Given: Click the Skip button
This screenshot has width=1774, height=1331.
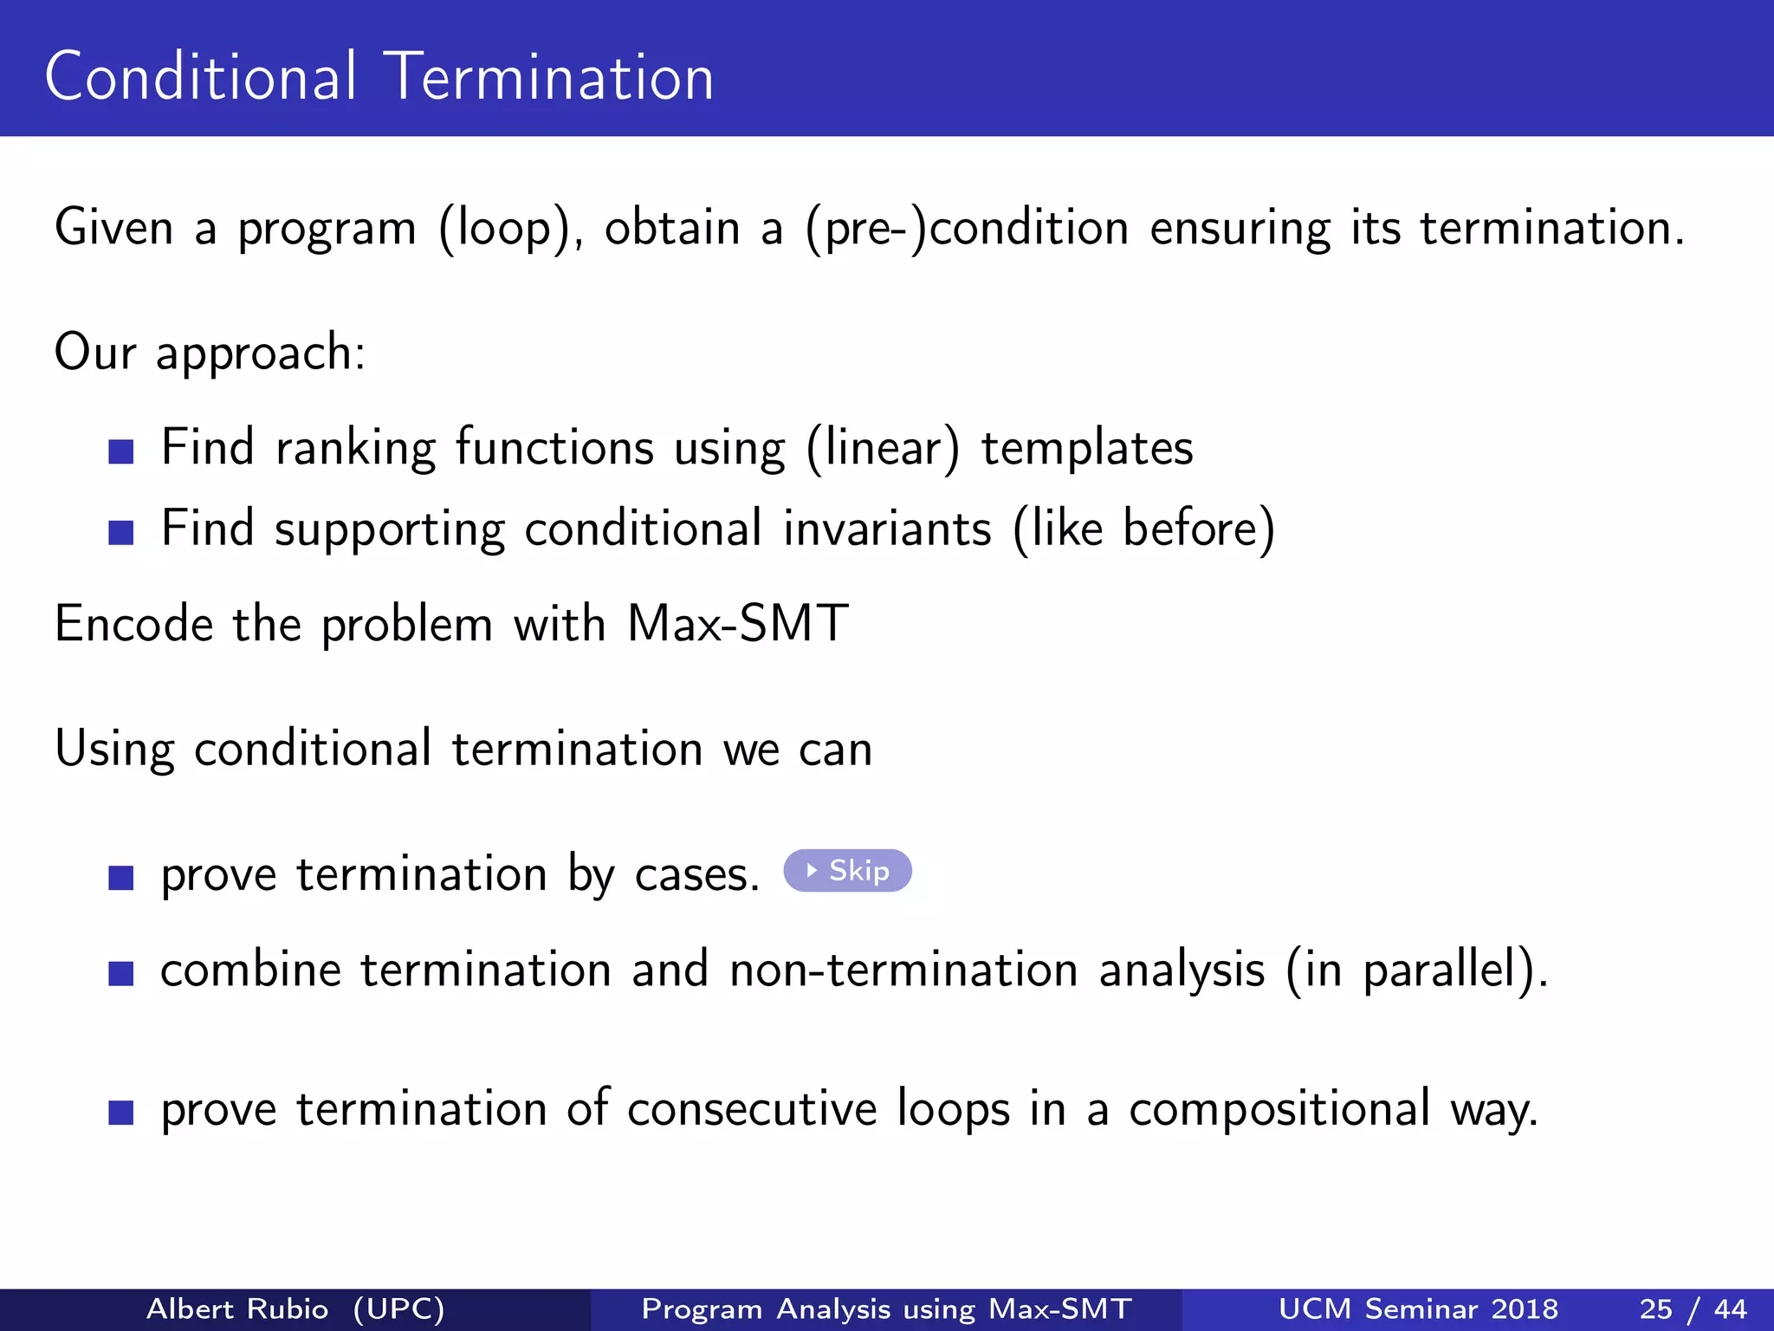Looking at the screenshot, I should click(847, 871).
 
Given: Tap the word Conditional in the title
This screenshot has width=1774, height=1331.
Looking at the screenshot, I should click(200, 78).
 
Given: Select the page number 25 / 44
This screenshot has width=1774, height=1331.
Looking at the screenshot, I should click(1693, 1308).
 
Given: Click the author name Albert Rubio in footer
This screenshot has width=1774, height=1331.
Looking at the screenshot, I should click(237, 1308).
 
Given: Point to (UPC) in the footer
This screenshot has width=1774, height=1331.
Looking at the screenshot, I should click(398, 1308).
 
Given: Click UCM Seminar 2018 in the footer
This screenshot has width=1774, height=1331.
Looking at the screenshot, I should click(1418, 1308).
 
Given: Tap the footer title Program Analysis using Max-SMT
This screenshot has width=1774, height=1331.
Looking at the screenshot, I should click(886, 1308).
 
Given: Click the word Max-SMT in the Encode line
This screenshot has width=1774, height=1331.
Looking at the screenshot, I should click(737, 624).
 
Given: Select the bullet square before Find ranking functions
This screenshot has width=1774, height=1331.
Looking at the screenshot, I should click(121, 451).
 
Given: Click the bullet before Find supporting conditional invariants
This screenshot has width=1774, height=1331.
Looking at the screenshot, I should click(121, 532).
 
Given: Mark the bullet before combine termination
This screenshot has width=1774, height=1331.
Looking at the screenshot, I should click(121, 973).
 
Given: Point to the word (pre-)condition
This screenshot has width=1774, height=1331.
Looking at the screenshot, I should click(967, 230).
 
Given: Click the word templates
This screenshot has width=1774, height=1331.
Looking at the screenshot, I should click(1087, 449).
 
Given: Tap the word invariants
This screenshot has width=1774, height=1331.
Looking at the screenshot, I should click(887, 529).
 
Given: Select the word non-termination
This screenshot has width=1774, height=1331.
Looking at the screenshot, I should click(903, 970).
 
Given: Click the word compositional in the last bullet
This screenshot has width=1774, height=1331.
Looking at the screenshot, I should click(1279, 1109).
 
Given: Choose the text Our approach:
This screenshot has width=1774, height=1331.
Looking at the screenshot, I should click(210, 354).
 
